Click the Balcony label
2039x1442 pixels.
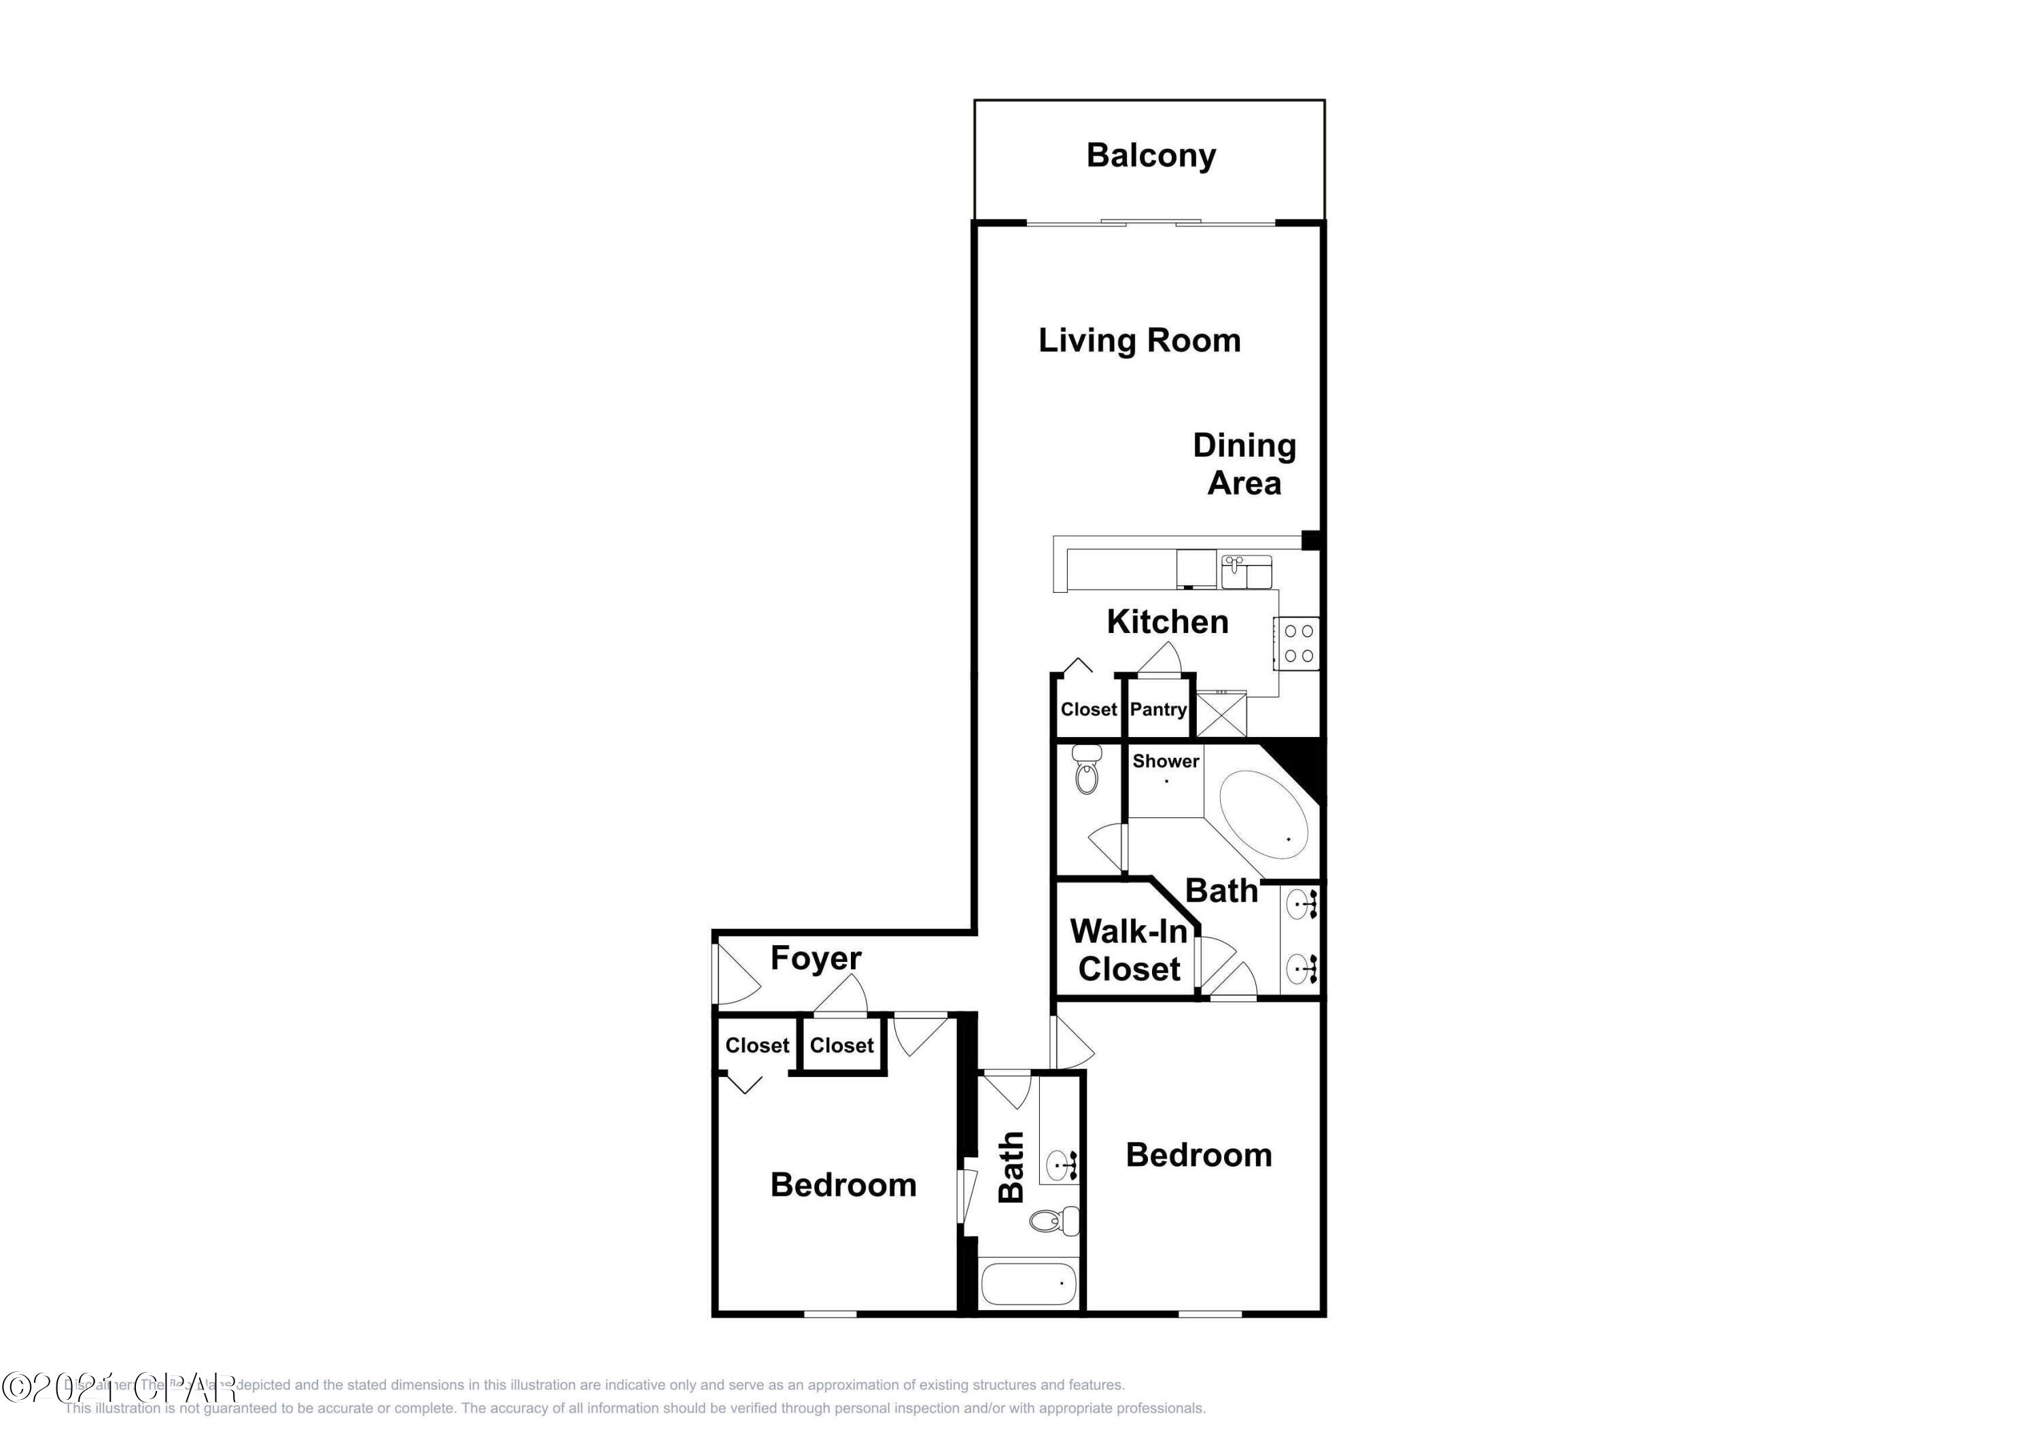click(x=1151, y=156)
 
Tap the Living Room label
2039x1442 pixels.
click(x=1139, y=341)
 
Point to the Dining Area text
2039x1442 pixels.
click(x=1244, y=464)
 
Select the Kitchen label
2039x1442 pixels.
click(x=1167, y=622)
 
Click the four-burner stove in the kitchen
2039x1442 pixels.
click(x=1298, y=643)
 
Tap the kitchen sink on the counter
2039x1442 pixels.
click(x=1246, y=572)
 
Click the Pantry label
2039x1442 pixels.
click(x=1158, y=709)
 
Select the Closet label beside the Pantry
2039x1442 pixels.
click(x=1088, y=709)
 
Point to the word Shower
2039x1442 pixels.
click(x=1165, y=761)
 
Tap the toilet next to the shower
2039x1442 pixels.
click(x=1086, y=770)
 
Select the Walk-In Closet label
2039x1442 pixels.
click(x=1129, y=950)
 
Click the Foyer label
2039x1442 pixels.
click(x=815, y=958)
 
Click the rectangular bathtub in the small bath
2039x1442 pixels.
click(x=1028, y=1284)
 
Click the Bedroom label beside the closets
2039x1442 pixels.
click(x=843, y=1184)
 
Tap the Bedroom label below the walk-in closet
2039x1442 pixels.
click(x=1198, y=1155)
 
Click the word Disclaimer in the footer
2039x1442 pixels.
click(x=98, y=1384)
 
